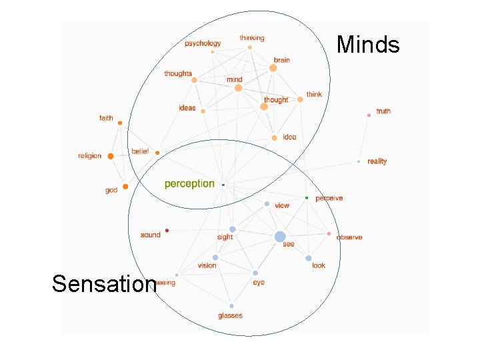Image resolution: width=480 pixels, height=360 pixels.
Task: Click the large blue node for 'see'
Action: pyautogui.click(x=280, y=237)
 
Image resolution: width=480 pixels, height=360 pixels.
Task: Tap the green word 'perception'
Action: pyautogui.click(x=189, y=183)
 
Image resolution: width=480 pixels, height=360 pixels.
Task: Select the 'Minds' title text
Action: pyautogui.click(x=368, y=45)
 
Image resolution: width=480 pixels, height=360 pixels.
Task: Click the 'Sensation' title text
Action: pyautogui.click(x=103, y=284)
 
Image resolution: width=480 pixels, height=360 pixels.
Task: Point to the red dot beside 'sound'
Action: pyautogui.click(x=167, y=231)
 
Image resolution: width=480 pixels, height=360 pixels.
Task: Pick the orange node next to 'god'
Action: pyautogui.click(x=125, y=187)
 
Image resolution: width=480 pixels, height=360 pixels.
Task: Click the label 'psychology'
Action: pyautogui.click(x=203, y=43)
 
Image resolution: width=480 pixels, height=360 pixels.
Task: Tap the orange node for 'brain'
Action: pyautogui.click(x=273, y=68)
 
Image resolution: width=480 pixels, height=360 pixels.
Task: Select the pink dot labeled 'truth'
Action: pyautogui.click(x=369, y=115)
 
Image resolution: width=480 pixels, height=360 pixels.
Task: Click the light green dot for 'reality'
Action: pyautogui.click(x=359, y=161)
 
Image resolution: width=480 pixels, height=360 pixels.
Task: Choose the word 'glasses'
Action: pyautogui.click(x=230, y=315)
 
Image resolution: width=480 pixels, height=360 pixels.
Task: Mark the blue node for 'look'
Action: pyautogui.click(x=309, y=258)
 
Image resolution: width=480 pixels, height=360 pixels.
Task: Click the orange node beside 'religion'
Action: pyautogui.click(x=110, y=156)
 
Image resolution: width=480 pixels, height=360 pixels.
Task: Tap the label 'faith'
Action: pyautogui.click(x=106, y=118)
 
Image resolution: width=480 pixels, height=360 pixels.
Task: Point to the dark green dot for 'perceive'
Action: pyautogui.click(x=307, y=198)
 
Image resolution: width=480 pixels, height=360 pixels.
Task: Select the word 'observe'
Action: pyautogui.click(x=349, y=237)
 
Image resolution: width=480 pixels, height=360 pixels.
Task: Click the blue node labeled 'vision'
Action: pyautogui.click(x=215, y=257)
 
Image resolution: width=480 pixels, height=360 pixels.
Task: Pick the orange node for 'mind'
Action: pyautogui.click(x=238, y=88)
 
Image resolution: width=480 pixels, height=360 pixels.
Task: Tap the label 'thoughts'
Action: pyautogui.click(x=178, y=73)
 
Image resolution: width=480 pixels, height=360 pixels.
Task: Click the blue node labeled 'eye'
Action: pyautogui.click(x=255, y=273)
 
